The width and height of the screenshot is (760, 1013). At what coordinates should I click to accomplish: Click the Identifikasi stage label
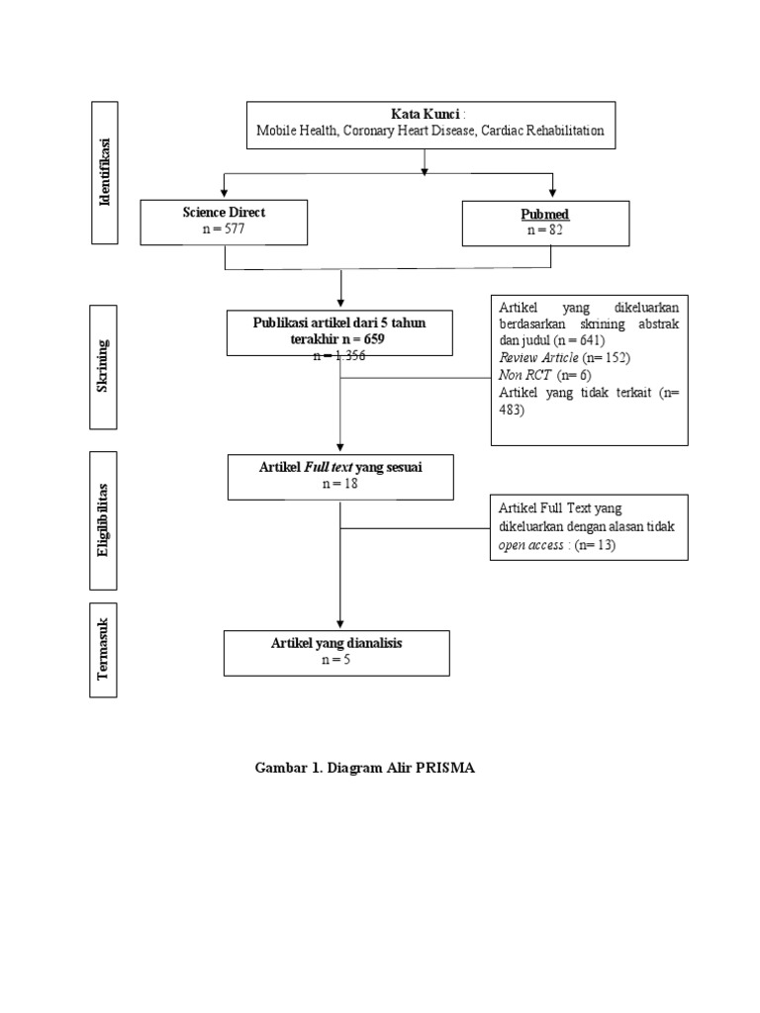click(105, 172)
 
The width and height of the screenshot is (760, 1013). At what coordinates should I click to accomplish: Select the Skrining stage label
click(103, 366)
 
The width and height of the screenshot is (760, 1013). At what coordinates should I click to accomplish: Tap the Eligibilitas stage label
click(103, 520)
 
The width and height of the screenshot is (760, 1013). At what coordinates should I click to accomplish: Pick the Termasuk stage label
click(103, 650)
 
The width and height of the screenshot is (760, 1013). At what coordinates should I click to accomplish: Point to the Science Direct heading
click(224, 212)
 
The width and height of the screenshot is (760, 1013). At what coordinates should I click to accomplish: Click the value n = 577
click(223, 229)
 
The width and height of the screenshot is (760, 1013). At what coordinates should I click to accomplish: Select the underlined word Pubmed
click(545, 214)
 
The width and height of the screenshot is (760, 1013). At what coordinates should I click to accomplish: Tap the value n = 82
click(545, 230)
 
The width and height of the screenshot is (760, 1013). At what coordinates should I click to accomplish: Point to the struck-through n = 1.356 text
click(339, 355)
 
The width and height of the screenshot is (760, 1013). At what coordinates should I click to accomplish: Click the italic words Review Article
click(538, 357)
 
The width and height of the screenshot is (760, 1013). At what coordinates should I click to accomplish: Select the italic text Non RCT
click(524, 375)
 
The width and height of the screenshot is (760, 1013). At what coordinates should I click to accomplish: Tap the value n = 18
click(339, 484)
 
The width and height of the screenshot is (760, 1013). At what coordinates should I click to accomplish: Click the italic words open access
click(532, 545)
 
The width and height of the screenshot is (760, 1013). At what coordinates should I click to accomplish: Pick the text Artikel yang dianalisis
click(336, 643)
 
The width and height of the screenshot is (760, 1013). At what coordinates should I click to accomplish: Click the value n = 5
click(336, 660)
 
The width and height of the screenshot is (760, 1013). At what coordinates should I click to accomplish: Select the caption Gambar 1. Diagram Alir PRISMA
click(365, 769)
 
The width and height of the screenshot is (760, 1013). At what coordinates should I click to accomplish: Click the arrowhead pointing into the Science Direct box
click(225, 192)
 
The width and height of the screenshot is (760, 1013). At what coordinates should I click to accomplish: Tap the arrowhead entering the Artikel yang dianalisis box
click(340, 623)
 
